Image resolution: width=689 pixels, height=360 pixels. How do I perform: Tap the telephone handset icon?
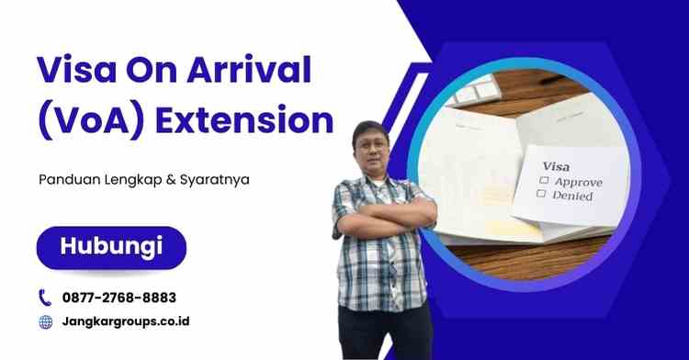point(45,298)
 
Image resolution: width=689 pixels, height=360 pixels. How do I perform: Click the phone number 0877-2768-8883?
point(119,298)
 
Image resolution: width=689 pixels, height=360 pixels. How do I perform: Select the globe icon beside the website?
point(45,322)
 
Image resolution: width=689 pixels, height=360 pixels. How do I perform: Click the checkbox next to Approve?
point(545,181)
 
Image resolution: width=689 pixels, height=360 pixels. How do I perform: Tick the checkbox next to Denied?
point(544,195)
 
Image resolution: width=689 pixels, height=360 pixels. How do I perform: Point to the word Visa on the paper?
point(557,166)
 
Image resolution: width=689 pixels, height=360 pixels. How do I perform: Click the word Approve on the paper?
point(577,182)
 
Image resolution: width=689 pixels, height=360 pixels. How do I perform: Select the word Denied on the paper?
point(573,196)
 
